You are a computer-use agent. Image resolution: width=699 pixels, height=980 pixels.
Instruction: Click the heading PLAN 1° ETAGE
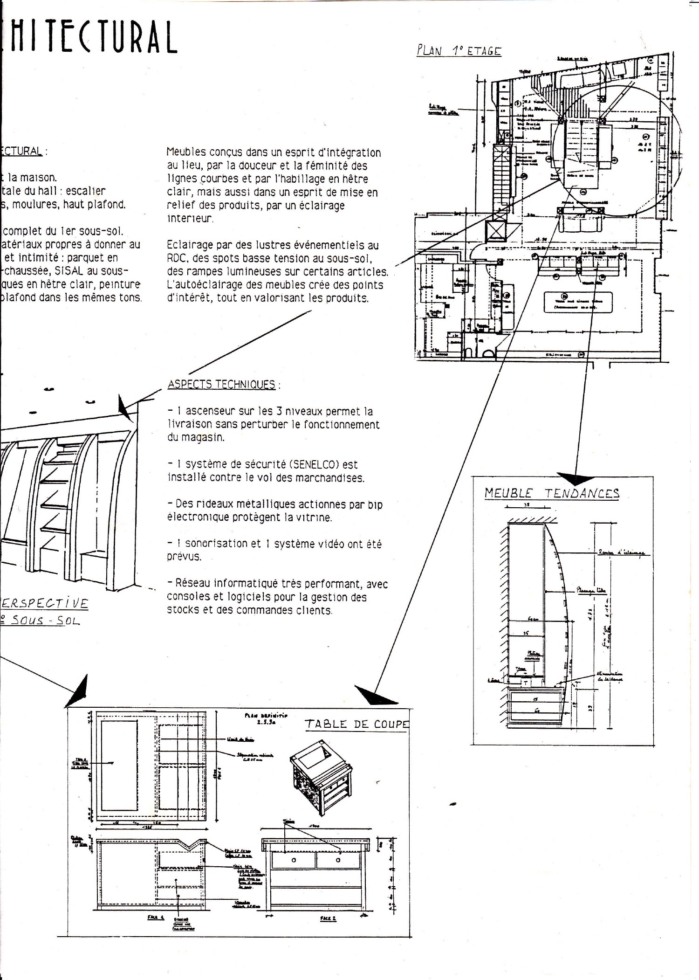click(459, 50)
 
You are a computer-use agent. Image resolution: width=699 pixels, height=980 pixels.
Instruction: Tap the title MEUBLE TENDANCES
click(552, 493)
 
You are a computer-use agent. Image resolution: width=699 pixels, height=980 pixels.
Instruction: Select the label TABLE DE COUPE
click(356, 724)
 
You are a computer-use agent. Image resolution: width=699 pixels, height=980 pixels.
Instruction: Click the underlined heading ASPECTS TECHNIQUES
click(221, 384)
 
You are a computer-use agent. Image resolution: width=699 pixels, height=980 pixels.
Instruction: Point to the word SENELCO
click(315, 464)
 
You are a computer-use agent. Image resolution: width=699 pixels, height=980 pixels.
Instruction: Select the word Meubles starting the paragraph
click(186, 152)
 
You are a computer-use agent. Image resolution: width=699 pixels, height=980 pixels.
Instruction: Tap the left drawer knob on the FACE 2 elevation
click(294, 860)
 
